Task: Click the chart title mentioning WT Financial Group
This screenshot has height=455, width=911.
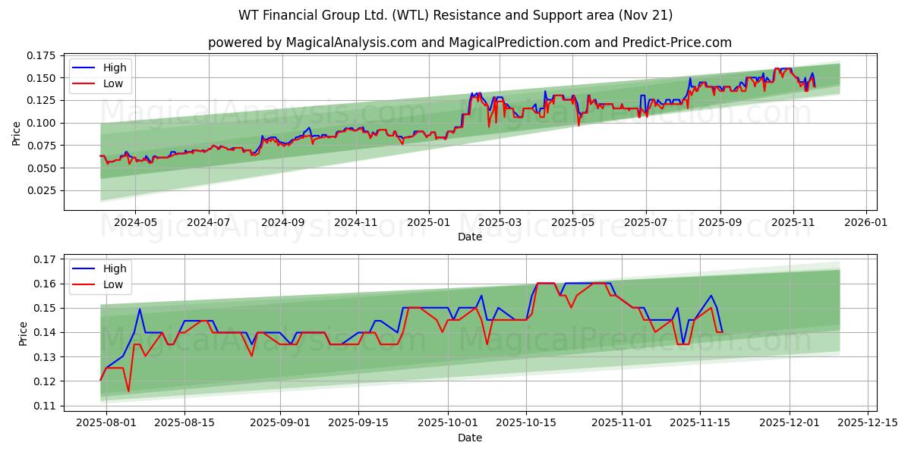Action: tap(455, 15)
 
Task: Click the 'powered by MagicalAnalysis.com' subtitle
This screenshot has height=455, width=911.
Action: tap(470, 42)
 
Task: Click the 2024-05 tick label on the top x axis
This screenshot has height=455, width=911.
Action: tap(135, 223)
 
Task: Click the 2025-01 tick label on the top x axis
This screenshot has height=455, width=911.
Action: tap(428, 223)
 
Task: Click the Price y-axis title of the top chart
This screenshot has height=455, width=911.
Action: tap(17, 133)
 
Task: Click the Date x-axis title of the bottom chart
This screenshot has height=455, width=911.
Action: tap(470, 438)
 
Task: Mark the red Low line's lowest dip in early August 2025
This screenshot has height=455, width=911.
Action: tap(128, 391)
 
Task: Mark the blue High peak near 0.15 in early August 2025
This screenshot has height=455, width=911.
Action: tap(140, 309)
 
